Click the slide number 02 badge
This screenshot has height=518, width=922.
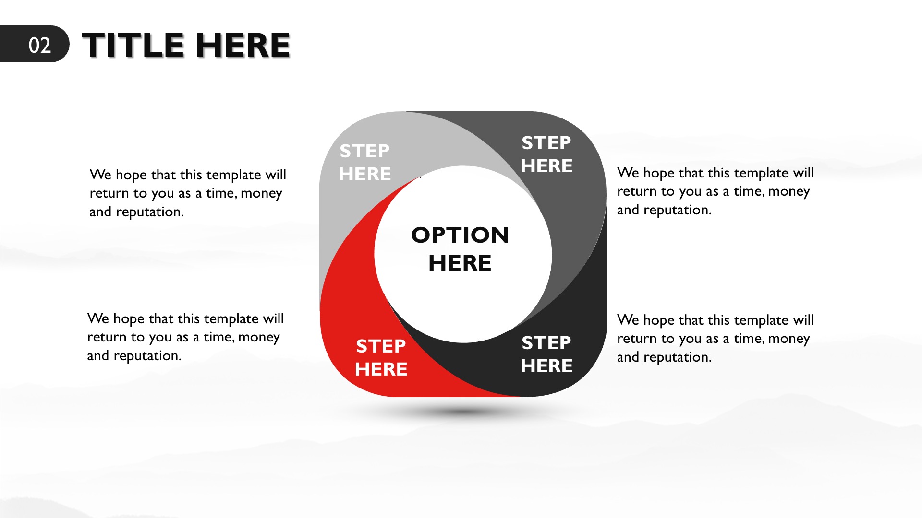pyautogui.click(x=34, y=44)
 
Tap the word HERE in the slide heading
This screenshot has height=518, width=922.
pyautogui.click(x=243, y=45)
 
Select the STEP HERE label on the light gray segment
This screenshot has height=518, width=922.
pyautogui.click(x=364, y=163)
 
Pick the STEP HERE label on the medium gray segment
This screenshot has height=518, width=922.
pyautogui.click(x=546, y=154)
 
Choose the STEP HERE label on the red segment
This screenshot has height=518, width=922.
pyautogui.click(x=381, y=358)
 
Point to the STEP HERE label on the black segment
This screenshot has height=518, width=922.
pyautogui.click(x=546, y=354)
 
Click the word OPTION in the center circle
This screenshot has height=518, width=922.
pyautogui.click(x=460, y=235)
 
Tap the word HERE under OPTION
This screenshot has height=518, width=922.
pyautogui.click(x=460, y=263)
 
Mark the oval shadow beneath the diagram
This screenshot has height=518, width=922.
pyautogui.click(x=462, y=412)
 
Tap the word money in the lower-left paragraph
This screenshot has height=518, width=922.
pyautogui.click(x=259, y=337)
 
